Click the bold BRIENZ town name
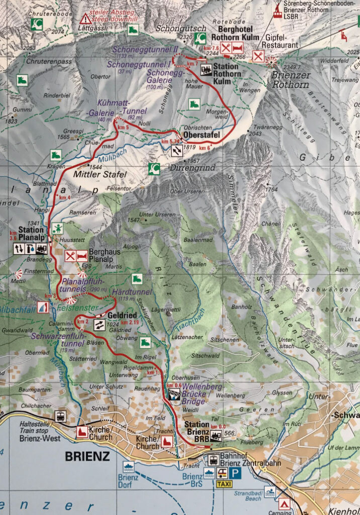click(x=87, y=457)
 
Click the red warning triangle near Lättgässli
click(x=86, y=19)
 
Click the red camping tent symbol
click(x=285, y=503)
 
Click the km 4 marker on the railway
click(x=63, y=198)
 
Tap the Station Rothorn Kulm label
click(x=227, y=70)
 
